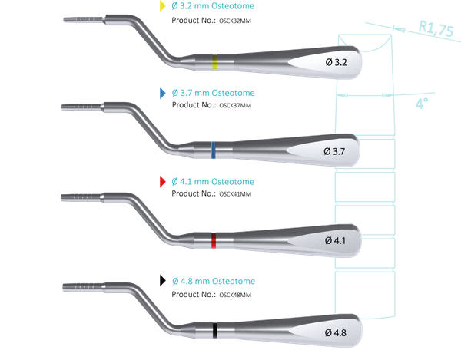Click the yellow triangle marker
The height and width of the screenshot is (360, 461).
162,6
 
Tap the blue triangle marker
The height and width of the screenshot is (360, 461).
162,93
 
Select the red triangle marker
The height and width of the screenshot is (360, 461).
162,182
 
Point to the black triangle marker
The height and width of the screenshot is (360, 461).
162,280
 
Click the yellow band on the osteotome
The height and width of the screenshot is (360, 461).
215,62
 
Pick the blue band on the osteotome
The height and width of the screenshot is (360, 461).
214,150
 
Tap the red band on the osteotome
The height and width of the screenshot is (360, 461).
214,240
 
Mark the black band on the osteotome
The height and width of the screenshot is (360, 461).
215,330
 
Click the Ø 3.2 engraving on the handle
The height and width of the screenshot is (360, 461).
336,62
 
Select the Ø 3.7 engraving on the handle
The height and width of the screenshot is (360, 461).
334,151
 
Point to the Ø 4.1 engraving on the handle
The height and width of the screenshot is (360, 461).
336,241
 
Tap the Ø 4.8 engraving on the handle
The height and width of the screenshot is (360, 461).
336,332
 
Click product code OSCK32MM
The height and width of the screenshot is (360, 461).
235,21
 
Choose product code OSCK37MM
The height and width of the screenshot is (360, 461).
235,105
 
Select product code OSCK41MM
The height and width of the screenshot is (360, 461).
235,193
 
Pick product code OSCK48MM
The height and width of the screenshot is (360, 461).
235,295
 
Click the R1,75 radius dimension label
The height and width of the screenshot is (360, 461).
436,28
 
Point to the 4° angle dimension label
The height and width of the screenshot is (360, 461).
422,104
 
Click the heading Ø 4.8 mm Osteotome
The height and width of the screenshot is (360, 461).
214,281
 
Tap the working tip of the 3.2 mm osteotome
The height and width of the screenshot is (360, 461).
64,20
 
